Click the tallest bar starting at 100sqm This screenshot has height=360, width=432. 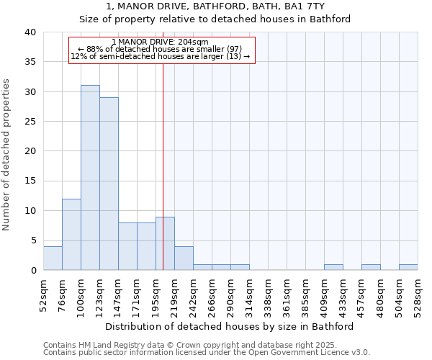tap(90, 178)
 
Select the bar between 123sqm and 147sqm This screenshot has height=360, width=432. tap(109, 184)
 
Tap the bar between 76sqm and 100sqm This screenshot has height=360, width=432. tap(71, 234)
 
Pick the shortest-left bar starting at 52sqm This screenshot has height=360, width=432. tap(53, 258)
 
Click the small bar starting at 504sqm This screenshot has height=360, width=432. tap(408, 267)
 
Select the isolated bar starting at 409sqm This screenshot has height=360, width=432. tap(333, 267)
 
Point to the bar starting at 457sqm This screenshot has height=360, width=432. tap(371, 267)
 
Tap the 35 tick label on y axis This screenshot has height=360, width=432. tap(30, 62)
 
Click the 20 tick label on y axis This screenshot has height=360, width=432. tap(30, 151)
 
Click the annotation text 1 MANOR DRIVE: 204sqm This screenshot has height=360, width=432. tap(161, 42)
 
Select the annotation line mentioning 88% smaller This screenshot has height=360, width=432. tap(161, 49)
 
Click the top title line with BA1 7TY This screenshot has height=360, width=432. tap(215, 6)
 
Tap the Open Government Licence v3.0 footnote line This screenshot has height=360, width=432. tap(207, 353)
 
